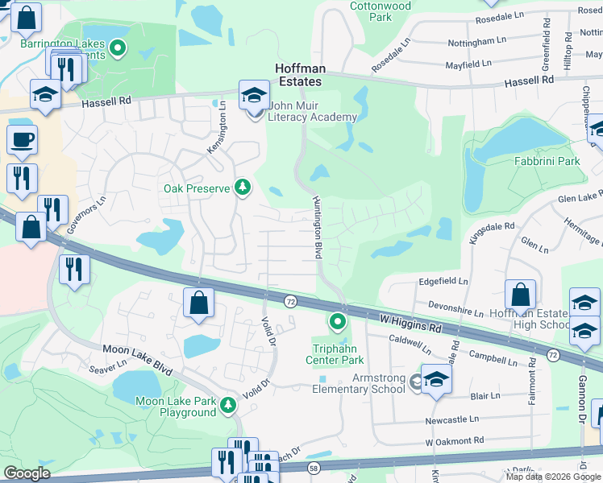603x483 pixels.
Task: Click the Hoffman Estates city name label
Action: [x=298, y=76]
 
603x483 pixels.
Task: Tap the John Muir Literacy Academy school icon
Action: [x=254, y=96]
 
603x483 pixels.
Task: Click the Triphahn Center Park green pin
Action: [x=337, y=323]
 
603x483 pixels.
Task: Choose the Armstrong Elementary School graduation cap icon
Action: [x=435, y=381]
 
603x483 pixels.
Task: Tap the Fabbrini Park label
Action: [x=547, y=161]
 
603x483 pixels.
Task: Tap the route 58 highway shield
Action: [x=313, y=468]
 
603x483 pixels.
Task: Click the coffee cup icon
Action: [x=22, y=139]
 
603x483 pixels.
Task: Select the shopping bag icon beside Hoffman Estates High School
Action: [x=521, y=297]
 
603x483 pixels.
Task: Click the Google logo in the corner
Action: [x=27, y=473]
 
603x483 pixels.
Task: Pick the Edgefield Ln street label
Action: [x=443, y=282]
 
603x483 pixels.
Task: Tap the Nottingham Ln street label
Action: [x=479, y=39]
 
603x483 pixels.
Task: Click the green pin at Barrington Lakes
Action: [x=118, y=49]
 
